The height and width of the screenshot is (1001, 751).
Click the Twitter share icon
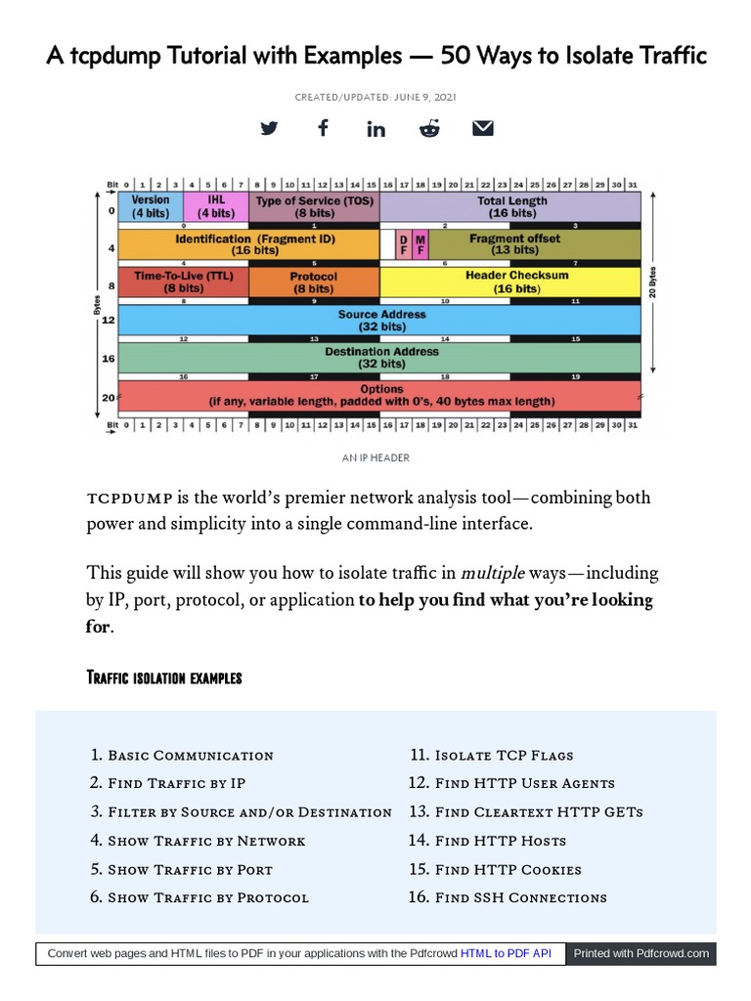(x=269, y=129)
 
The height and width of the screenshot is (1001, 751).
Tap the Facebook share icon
(x=323, y=128)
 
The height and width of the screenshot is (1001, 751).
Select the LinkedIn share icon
(x=375, y=129)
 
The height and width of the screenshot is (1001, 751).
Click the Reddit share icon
(x=429, y=129)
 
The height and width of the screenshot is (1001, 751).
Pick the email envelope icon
(x=483, y=128)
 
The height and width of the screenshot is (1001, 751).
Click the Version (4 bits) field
(x=151, y=206)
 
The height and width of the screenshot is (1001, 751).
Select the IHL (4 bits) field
(x=216, y=206)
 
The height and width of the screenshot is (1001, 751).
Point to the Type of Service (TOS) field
(x=314, y=206)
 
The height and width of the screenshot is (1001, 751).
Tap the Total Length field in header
(x=511, y=206)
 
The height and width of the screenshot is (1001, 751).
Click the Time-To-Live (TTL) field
(x=183, y=283)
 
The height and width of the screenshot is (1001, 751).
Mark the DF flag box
(x=404, y=244)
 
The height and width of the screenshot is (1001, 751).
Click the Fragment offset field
(x=514, y=244)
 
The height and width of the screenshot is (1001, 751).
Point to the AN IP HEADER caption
(x=375, y=457)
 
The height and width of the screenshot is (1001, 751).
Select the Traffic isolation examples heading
(x=164, y=677)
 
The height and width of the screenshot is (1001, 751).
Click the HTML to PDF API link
(x=507, y=953)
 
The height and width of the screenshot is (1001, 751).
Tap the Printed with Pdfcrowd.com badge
(x=641, y=953)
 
